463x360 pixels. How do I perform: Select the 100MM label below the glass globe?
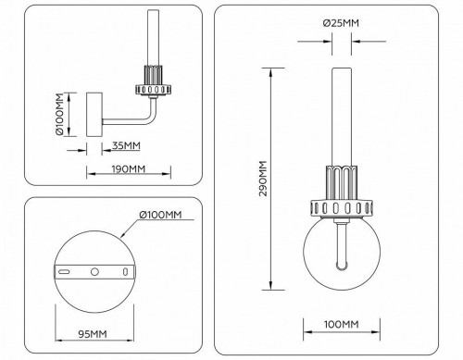[342, 324]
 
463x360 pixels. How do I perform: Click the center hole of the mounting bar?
[94, 273]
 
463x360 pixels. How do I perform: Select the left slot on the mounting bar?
[66, 273]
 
